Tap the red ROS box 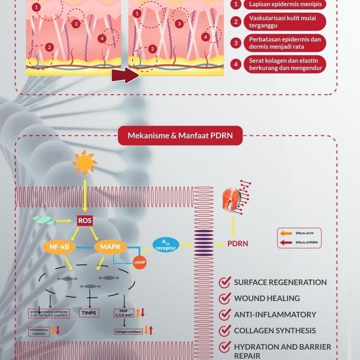tap(84, 221)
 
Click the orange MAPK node tap(111, 247)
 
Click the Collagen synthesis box tap(128, 332)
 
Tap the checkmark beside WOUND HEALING tap(224, 298)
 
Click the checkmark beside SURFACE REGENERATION tap(224, 282)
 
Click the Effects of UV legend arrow tap(286, 233)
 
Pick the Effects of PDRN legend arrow tap(286, 242)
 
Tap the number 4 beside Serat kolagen tap(236, 64)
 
